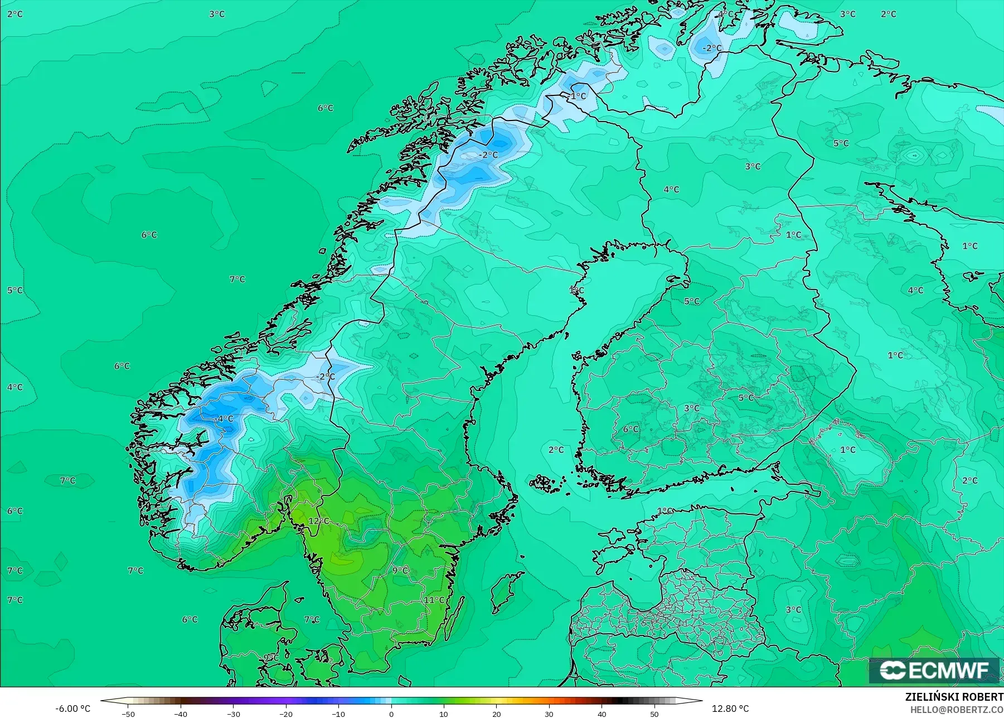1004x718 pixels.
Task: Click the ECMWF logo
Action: click(934, 670)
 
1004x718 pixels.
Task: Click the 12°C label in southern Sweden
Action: click(319, 521)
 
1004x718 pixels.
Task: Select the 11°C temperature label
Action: click(434, 600)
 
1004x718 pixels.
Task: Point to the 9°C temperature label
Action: click(400, 570)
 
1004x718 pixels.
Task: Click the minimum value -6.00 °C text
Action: click(72, 709)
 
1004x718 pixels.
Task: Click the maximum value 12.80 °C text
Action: click(730, 709)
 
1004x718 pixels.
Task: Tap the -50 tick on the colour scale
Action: click(128, 714)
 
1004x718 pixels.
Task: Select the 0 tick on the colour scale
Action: click(391, 714)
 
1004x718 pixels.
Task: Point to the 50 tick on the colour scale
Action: click(654, 714)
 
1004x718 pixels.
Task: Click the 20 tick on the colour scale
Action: click(497, 714)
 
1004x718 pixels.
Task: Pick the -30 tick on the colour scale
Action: click(234, 714)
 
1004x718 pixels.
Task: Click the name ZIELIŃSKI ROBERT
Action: click(954, 697)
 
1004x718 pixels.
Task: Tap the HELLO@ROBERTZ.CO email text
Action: click(957, 710)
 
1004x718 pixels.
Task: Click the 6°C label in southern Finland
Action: click(630, 429)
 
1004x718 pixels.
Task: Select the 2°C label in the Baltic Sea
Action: click(556, 450)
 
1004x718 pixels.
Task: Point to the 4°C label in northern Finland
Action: click(671, 190)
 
